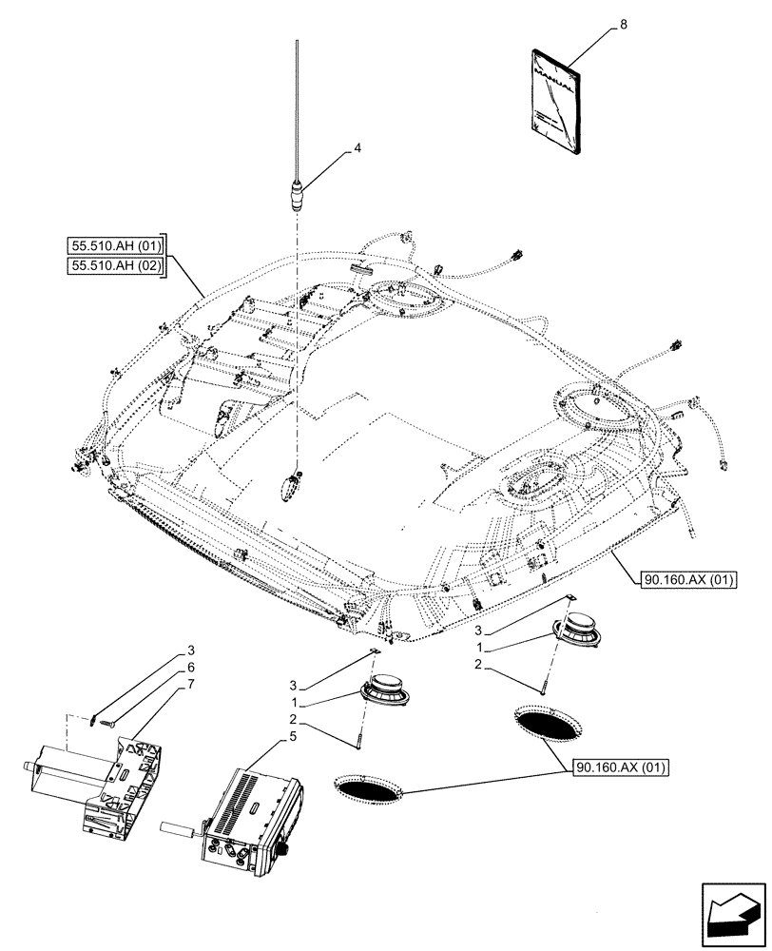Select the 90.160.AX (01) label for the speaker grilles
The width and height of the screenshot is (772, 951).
(624, 767)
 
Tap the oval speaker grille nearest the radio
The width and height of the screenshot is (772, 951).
(368, 787)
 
